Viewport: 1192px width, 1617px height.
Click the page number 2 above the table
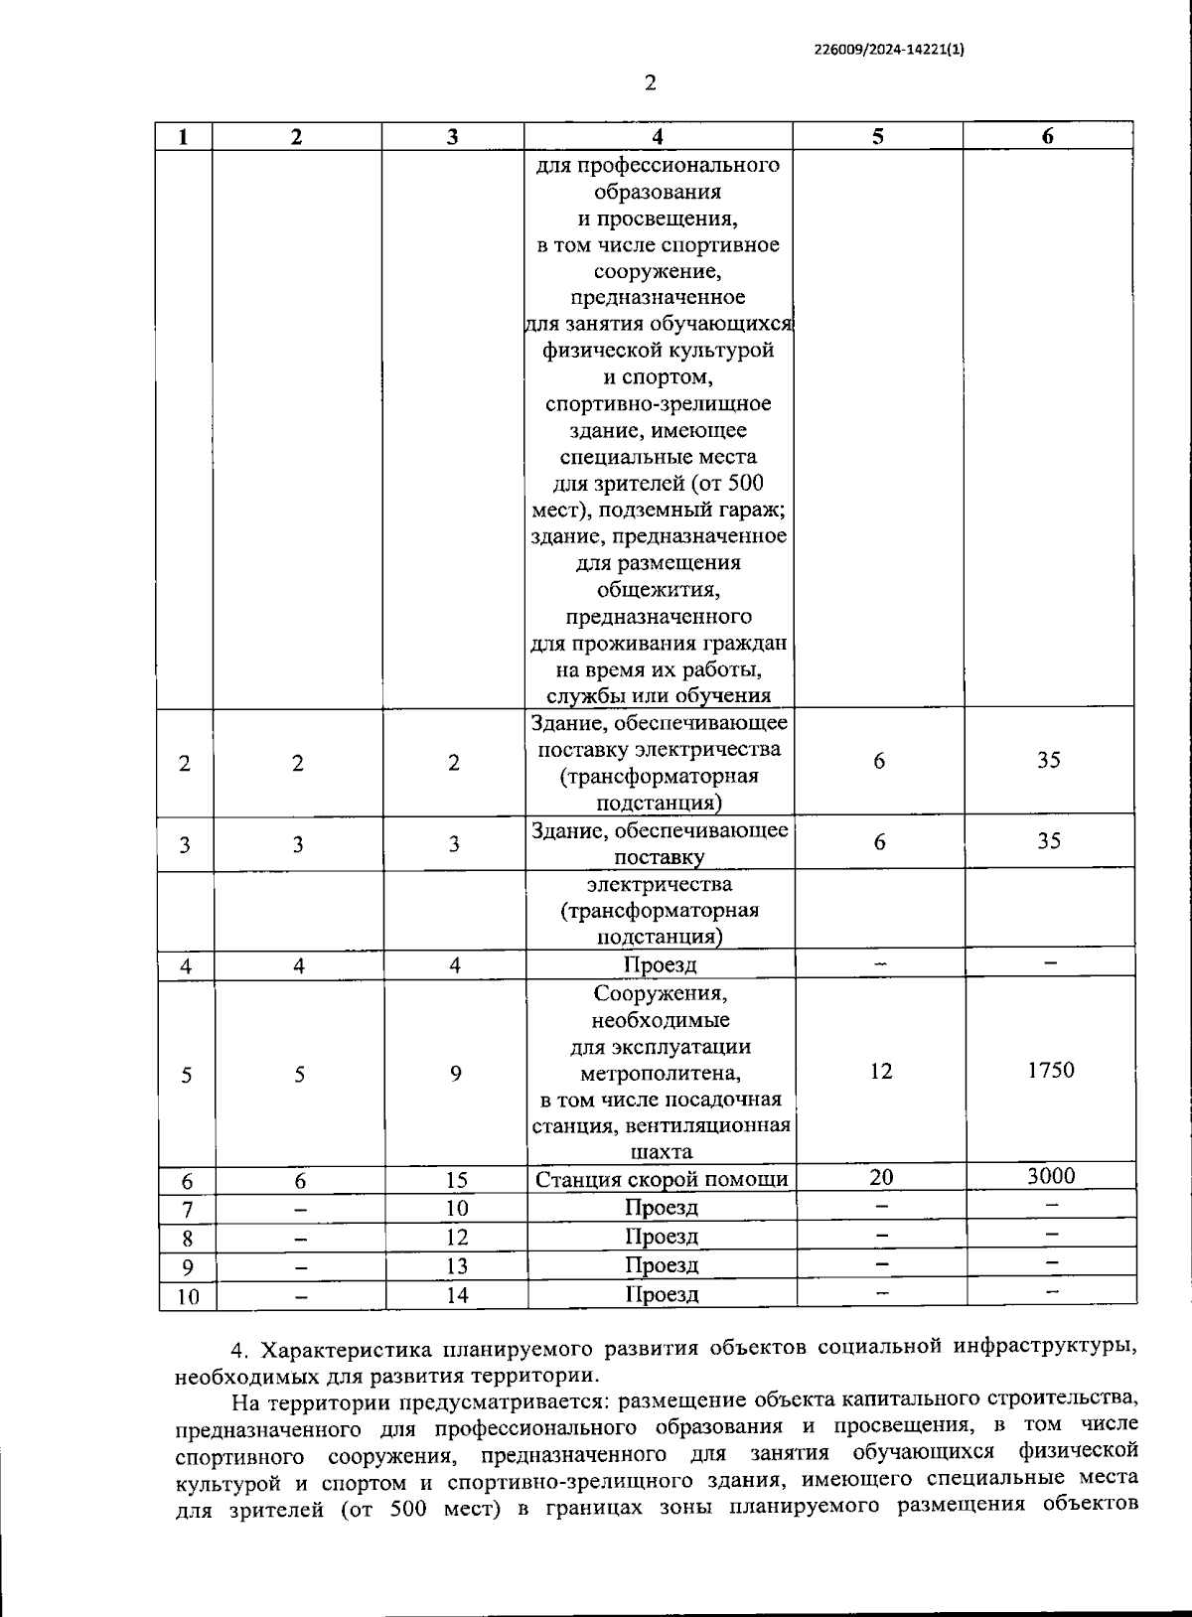(651, 82)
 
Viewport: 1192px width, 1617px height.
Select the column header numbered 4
(658, 137)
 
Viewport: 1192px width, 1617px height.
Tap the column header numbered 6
(1048, 137)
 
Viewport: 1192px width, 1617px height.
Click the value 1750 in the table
(1051, 1070)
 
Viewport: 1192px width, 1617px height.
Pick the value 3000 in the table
(1051, 1176)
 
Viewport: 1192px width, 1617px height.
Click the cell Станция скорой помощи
(662, 1179)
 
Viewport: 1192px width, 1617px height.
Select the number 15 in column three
(456, 1180)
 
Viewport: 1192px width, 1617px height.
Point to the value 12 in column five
(881, 1071)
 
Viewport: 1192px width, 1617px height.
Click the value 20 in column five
(881, 1177)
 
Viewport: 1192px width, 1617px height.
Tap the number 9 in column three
(456, 1074)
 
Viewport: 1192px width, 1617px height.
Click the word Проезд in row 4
(661, 964)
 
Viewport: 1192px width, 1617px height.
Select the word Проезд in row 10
(662, 1294)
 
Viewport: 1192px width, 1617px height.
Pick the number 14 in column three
(456, 1295)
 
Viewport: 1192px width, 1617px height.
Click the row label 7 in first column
(187, 1209)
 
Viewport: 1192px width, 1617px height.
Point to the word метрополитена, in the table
(661, 1074)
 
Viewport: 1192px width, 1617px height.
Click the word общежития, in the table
(658, 590)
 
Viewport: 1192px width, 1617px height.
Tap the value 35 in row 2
(1049, 760)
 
